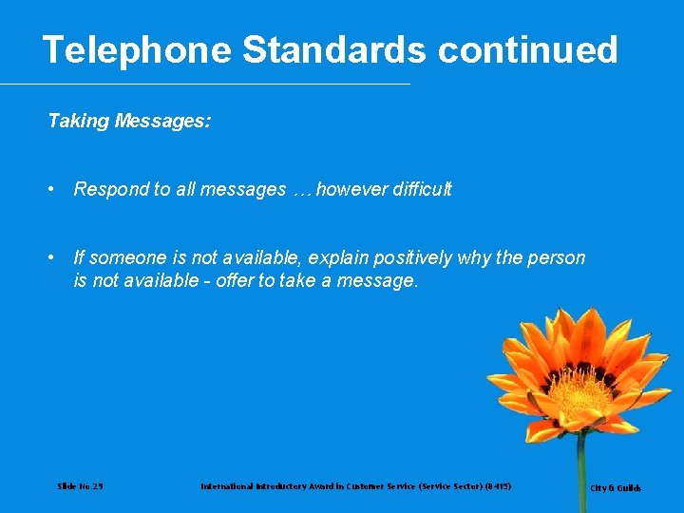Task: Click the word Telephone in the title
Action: [137, 49]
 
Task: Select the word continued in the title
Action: [527, 49]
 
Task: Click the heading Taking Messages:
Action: [129, 121]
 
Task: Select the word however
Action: [348, 189]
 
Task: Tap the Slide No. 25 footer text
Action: [81, 486]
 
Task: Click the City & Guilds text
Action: [616, 488]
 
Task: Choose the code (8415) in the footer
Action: [497, 486]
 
